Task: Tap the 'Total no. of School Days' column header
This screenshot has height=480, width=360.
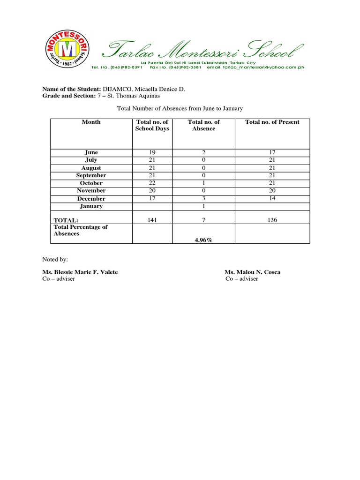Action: click(152, 125)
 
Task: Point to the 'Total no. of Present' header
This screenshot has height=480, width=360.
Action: click(272, 122)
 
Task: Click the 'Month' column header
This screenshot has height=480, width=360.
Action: click(91, 122)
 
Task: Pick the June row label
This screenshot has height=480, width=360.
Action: click(91, 152)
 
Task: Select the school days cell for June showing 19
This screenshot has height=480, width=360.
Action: click(152, 152)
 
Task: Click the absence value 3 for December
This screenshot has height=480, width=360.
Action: click(204, 198)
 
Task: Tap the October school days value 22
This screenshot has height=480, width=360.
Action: click(152, 183)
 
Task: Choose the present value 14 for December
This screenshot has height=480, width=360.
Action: click(272, 198)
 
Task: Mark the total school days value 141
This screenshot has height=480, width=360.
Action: click(152, 220)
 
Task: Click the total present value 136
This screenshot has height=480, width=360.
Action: click(272, 220)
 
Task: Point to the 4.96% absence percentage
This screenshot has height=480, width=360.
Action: click(204, 240)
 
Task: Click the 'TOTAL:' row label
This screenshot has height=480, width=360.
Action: click(66, 220)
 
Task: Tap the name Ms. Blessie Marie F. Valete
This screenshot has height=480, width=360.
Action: click(80, 272)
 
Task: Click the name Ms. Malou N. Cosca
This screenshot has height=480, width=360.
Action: click(252, 272)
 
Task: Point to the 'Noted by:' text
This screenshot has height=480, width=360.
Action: click(55, 259)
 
